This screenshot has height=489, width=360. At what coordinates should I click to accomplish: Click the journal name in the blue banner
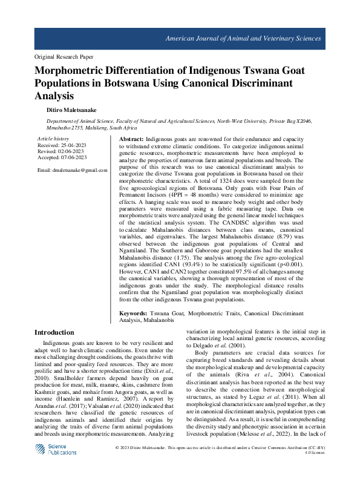[x=243, y=38]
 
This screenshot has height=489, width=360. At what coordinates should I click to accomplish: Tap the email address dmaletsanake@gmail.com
[x=71, y=170]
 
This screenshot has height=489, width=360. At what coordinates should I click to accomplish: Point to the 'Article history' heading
[x=54, y=139]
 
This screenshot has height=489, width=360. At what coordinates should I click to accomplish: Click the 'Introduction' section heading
[x=54, y=332]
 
